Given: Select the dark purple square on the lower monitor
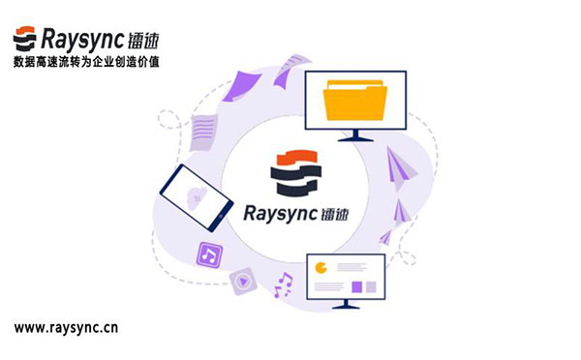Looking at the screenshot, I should pyautogui.click(x=356, y=286).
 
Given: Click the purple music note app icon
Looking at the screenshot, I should pyautogui.click(x=210, y=255).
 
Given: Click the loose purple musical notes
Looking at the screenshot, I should pyautogui.click(x=283, y=285).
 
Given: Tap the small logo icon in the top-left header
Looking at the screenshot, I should pyautogui.click(x=25, y=39).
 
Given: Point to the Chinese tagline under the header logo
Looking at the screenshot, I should pyautogui.click(x=87, y=61).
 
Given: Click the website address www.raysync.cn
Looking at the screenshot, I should pyautogui.click(x=66, y=327).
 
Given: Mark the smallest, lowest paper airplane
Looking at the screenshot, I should pyautogui.click(x=384, y=236).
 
